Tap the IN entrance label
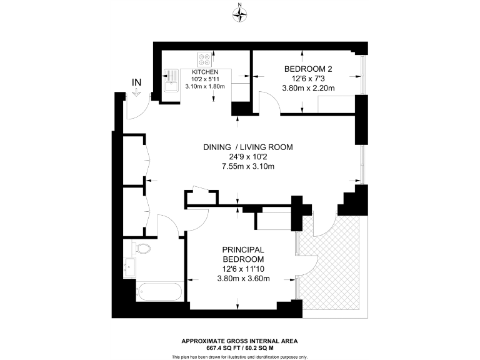[136, 82]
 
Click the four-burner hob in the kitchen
[204, 61]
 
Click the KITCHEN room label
[204, 72]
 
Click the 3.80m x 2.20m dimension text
[309, 88]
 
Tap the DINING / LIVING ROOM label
[248, 147]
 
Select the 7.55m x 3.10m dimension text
[248, 166]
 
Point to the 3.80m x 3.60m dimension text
[243, 278]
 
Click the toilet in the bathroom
[142, 249]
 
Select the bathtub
[159, 292]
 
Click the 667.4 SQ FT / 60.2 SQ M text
[239, 347]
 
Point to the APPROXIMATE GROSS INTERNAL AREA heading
[239, 341]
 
